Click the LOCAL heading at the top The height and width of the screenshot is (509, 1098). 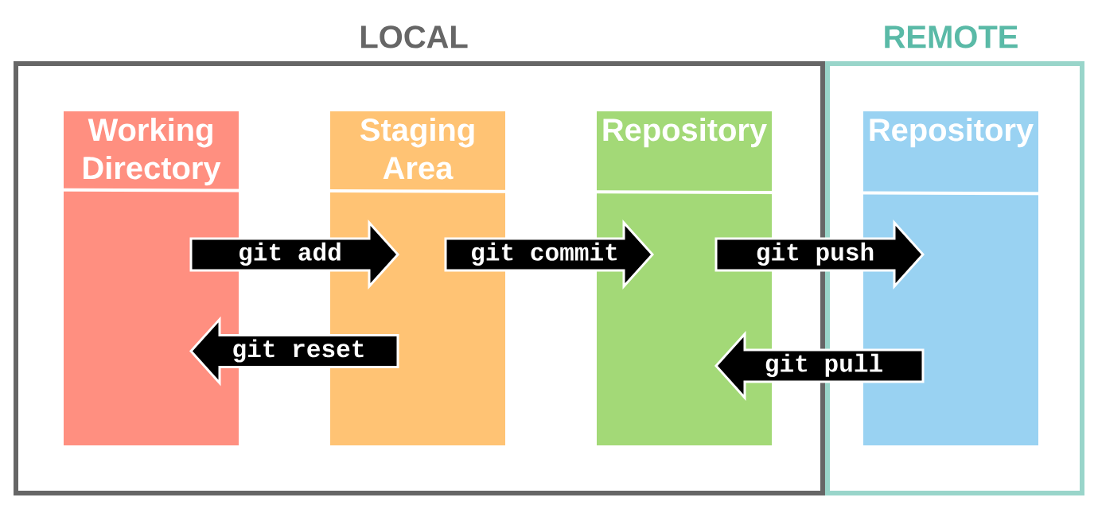coord(413,38)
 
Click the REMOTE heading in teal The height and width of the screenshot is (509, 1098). coord(950,38)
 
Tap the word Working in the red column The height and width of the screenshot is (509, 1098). coord(151,130)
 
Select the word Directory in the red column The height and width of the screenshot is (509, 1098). coord(151,169)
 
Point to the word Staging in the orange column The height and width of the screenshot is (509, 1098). coord(418,130)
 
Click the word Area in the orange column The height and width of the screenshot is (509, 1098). coord(418,169)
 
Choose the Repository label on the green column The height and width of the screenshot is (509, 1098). coord(684,130)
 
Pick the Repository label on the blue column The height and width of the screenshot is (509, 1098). coord(951,130)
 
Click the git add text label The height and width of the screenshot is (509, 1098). coord(290,254)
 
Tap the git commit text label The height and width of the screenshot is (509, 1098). coord(544,254)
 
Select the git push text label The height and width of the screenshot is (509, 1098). coord(815,254)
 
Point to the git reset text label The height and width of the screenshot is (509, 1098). coord(298,351)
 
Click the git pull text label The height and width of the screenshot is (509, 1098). coord(823,365)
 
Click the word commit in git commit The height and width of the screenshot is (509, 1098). coord(574,254)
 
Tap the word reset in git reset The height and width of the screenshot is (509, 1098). coord(328,351)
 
